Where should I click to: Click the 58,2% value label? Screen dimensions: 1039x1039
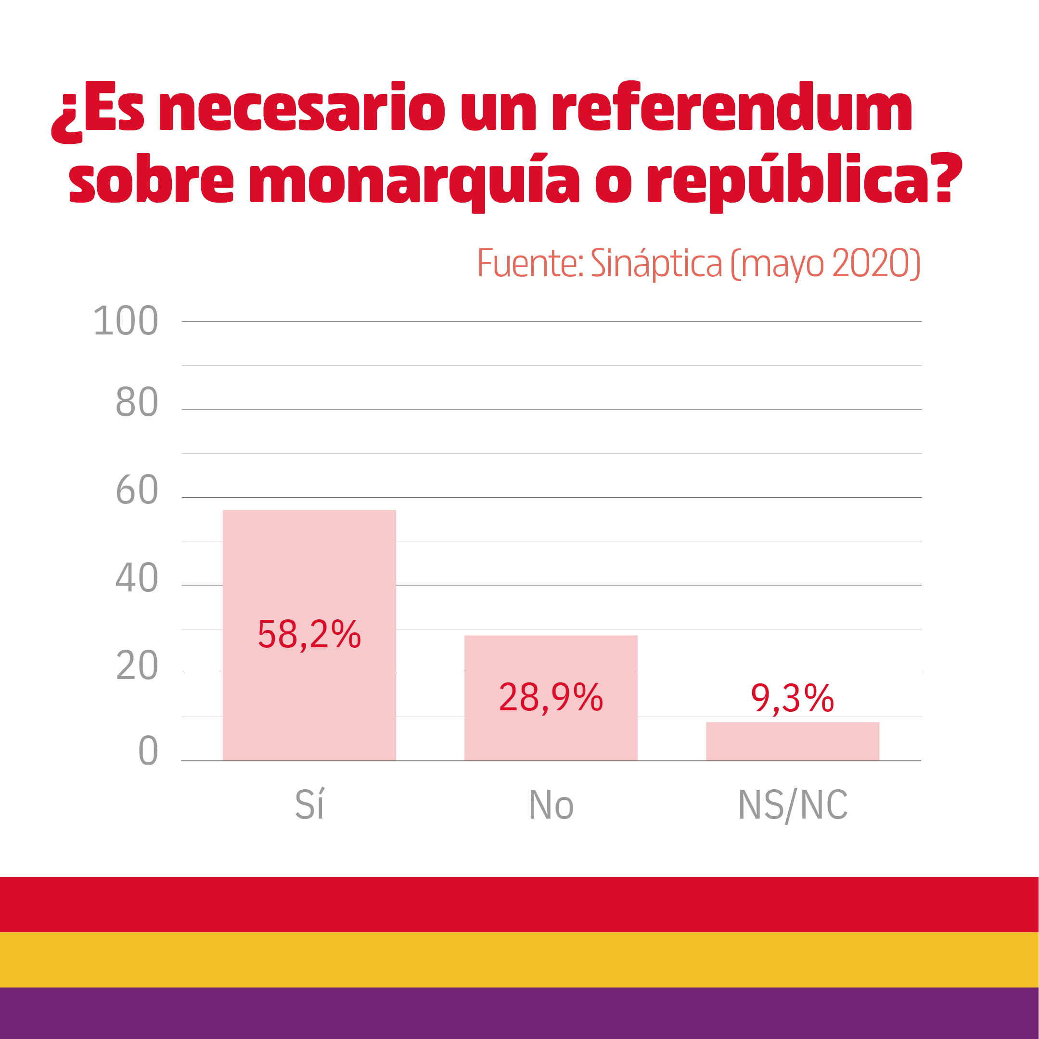pos(309,634)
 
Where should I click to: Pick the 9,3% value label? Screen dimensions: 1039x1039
pos(792,699)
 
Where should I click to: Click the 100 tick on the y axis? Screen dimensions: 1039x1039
pos(126,321)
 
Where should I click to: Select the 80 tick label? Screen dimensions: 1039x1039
pos(137,402)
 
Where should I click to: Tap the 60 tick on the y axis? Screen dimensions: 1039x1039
pos(137,490)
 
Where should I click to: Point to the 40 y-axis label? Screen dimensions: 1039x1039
pos(137,578)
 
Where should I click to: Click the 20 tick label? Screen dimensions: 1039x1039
pos(137,666)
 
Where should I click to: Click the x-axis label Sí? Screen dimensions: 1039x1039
pos(309,805)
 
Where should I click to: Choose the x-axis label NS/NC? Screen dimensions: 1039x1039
pos(792,805)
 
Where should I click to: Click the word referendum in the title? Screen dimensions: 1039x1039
pos(731,107)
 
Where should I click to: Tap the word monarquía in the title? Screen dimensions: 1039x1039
pos(414,180)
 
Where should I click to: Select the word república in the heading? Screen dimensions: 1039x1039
pos(788,180)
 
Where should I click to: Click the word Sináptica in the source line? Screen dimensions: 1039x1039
pos(656,264)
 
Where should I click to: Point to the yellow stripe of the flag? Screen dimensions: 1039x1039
pos(520,960)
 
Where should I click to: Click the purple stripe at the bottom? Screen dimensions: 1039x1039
pos(520,1013)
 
